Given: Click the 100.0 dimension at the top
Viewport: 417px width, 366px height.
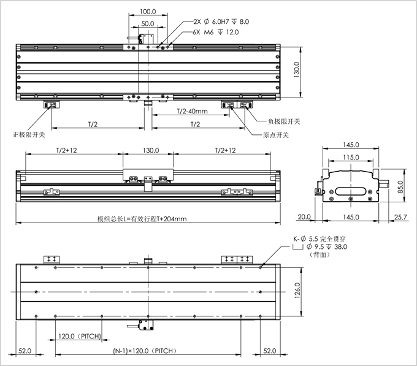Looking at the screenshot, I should [x=147, y=11].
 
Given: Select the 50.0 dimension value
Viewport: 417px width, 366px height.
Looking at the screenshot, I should [x=147, y=23].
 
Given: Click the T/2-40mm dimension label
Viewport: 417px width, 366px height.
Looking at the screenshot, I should [x=192, y=112].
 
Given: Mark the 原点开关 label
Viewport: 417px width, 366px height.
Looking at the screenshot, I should [x=276, y=135].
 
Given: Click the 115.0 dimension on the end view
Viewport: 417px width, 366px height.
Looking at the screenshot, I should [x=351, y=158].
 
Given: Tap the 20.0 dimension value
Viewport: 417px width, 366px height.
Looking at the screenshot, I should [x=305, y=217].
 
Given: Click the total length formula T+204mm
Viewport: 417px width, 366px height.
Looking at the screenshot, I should [x=142, y=218].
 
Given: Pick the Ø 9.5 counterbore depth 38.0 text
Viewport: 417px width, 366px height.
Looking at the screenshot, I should [x=323, y=246].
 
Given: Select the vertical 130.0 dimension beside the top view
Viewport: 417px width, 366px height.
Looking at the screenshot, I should [x=297, y=71].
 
